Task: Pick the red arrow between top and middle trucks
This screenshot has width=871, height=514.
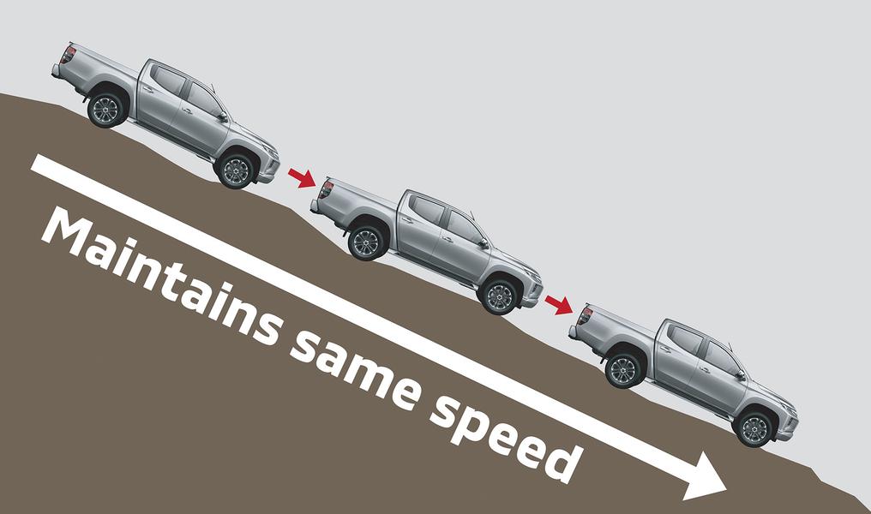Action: (301, 177)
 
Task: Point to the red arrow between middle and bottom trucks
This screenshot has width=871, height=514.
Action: (558, 303)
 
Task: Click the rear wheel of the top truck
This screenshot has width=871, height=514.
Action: (107, 109)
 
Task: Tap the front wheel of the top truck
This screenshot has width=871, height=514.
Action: (236, 170)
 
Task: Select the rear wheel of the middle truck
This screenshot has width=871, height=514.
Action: (366, 242)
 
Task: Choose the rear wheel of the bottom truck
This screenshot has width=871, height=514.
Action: (623, 369)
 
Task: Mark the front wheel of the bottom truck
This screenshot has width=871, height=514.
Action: (754, 428)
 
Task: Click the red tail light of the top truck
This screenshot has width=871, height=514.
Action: (67, 55)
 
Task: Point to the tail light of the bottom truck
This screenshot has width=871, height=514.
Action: (585, 315)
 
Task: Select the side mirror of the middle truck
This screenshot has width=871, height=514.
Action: (483, 243)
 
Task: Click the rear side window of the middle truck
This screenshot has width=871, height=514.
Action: (426, 211)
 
